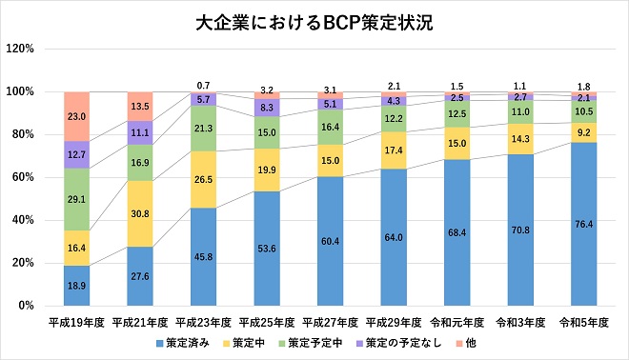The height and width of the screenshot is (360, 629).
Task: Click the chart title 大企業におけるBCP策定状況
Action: pyautogui.click(x=314, y=22)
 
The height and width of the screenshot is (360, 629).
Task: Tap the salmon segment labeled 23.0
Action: pyautogui.click(x=77, y=116)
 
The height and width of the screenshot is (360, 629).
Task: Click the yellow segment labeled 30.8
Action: pyautogui.click(x=141, y=213)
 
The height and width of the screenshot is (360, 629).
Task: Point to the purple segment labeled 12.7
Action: pyautogui.click(x=77, y=154)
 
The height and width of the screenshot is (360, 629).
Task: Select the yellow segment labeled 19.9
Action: pyautogui.click(x=268, y=170)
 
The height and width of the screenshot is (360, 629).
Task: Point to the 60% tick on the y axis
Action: pyautogui.click(x=22, y=177)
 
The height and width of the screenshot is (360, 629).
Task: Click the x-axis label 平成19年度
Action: pyautogui.click(x=77, y=322)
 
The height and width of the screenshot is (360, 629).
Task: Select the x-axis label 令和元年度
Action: pyautogui.click(x=458, y=322)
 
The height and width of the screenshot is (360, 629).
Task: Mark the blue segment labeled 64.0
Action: pyautogui.click(x=395, y=237)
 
